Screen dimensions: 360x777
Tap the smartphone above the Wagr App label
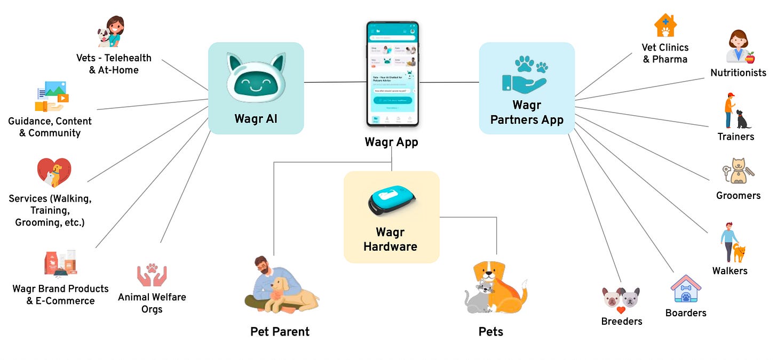coord(392,75)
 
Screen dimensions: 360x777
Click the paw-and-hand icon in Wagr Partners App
coord(526,75)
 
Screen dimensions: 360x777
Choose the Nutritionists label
coord(738,73)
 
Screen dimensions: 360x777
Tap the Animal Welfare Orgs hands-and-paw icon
coord(152,274)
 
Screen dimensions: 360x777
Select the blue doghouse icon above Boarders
coord(686,289)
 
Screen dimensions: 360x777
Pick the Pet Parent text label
coord(280,332)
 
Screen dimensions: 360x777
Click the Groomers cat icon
coord(738,172)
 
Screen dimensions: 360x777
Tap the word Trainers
coord(735,137)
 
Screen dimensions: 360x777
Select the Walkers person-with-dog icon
coord(732,243)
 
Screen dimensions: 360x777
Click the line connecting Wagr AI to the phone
coord(335,82)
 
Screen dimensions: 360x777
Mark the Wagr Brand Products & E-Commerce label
coord(60,294)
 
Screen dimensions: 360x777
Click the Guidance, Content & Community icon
coord(52,97)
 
